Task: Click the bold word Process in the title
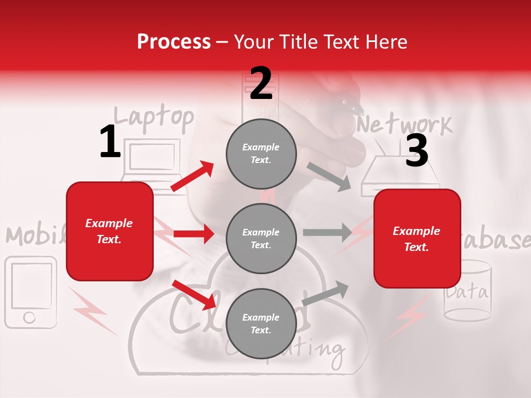pos(174,42)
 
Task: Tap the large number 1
pos(110,142)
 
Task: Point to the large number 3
pos(417,150)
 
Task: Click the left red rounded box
pos(110,231)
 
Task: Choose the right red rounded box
pos(417,238)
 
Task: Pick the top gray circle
pos(261,154)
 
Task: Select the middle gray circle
pos(261,238)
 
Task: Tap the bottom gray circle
pos(261,323)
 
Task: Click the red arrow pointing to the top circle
pos(192,176)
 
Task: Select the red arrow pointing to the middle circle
pos(194,234)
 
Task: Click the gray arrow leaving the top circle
pos(329,176)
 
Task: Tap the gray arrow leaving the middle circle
pos(327,233)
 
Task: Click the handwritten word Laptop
pos(154,117)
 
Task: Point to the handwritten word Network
pos(404,125)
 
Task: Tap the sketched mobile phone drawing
pos(30,292)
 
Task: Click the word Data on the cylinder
pos(468,292)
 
